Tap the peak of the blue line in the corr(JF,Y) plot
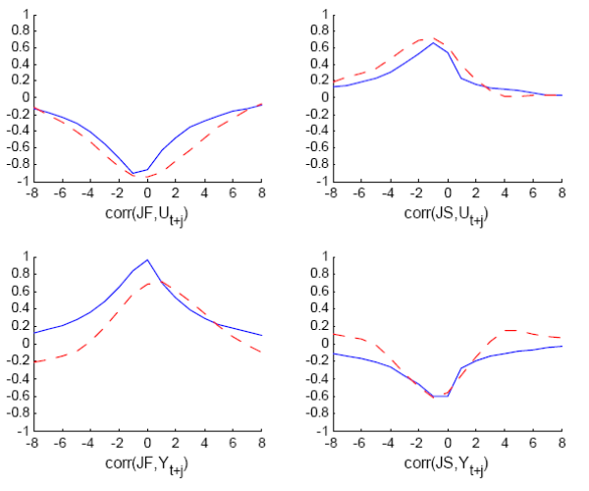click(147, 260)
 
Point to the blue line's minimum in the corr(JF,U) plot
click(134, 173)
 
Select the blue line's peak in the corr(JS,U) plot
click(433, 42)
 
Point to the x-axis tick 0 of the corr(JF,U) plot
click(147, 194)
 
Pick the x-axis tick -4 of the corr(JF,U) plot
click(89, 194)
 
